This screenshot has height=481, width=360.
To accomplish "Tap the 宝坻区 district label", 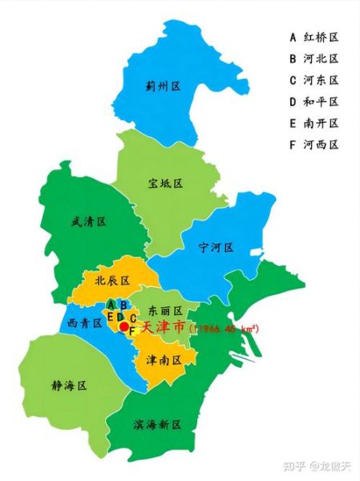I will [x=166, y=184].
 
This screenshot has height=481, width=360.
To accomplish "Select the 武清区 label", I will [x=88, y=221].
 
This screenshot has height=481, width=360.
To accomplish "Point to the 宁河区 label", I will [x=216, y=248].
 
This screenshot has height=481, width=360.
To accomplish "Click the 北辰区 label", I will [x=112, y=280].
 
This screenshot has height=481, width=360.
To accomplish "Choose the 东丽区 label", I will [x=167, y=310].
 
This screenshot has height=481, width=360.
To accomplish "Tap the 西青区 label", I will [x=85, y=323].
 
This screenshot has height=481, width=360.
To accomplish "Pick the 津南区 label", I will [x=164, y=360].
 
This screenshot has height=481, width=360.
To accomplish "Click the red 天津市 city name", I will [x=163, y=329].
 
